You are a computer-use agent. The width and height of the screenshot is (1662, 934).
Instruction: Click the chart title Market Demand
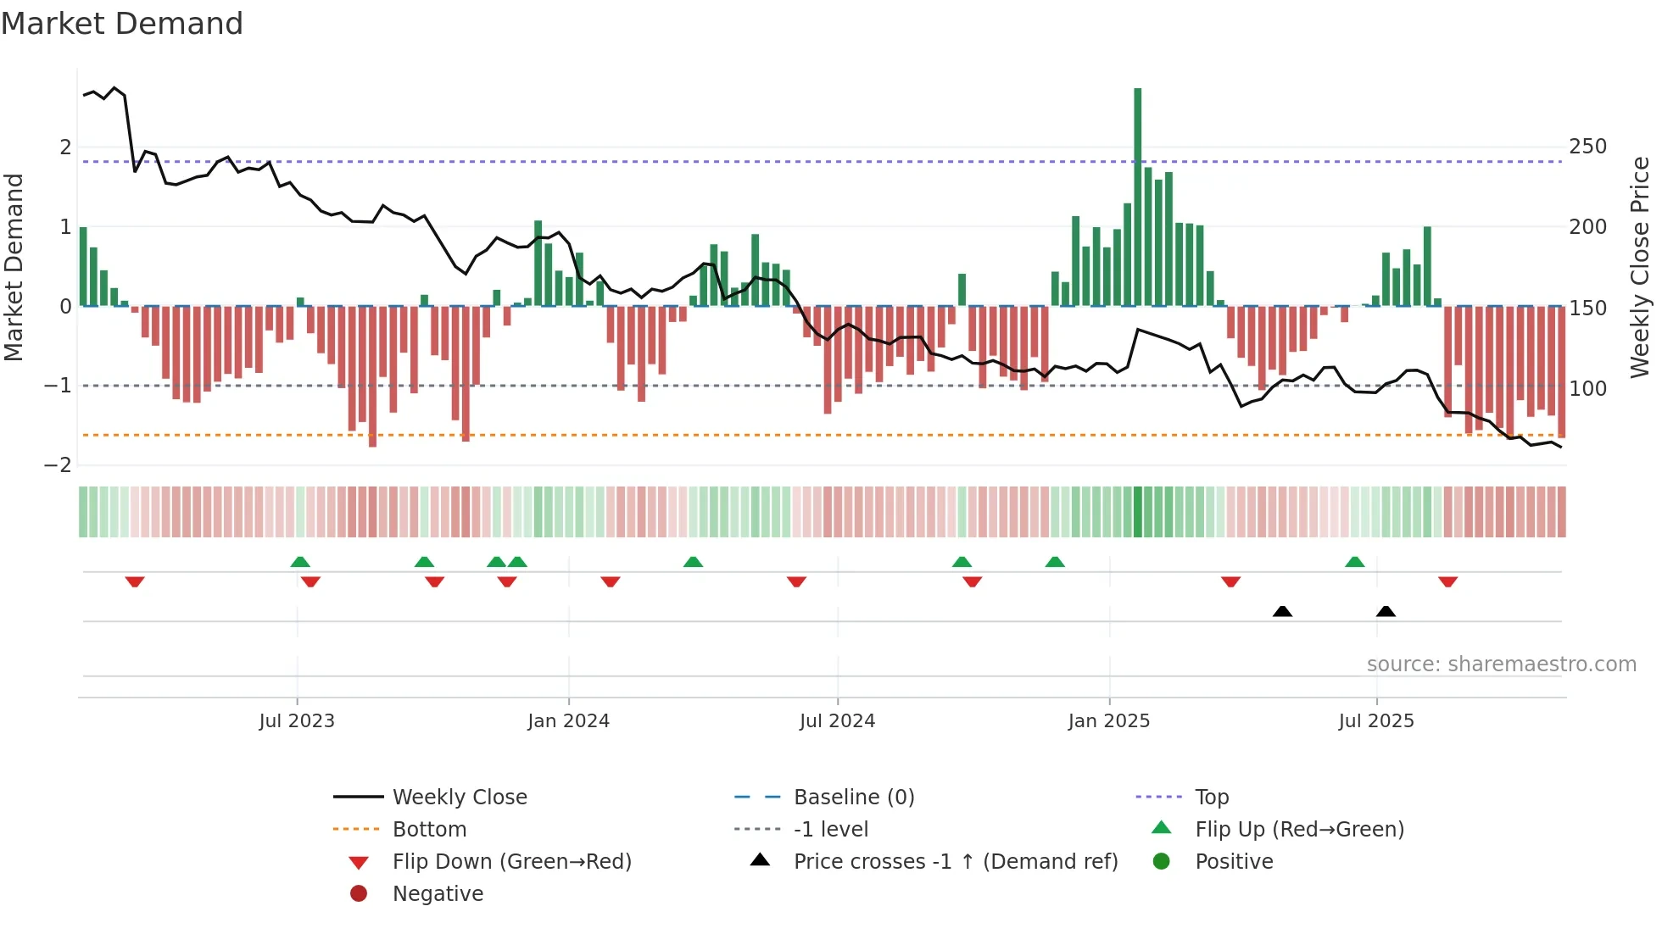tap(122, 24)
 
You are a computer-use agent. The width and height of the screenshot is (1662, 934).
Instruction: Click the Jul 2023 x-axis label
tap(297, 721)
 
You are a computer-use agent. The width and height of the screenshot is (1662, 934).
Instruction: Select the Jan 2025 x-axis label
tap(1108, 721)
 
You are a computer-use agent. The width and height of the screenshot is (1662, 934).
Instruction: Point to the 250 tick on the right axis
tap(1587, 147)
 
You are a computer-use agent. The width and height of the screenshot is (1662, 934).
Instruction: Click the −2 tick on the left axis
tap(59, 465)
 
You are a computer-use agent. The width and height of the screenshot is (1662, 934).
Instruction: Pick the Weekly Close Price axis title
tap(1640, 267)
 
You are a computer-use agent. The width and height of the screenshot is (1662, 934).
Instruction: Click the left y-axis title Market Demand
tap(14, 267)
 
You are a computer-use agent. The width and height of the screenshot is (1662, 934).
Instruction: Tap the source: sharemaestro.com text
tap(1501, 664)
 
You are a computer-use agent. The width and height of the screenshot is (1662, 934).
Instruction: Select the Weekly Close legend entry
tap(459, 798)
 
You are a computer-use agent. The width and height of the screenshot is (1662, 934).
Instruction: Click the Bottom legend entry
tap(429, 830)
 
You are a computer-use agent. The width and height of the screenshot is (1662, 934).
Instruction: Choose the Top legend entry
tap(1211, 798)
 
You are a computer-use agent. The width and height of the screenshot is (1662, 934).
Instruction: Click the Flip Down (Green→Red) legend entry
tap(511, 862)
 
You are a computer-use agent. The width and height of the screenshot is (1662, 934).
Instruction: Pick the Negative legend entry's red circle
tap(359, 894)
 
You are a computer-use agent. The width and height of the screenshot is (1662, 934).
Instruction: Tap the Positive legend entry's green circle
tap(1162, 862)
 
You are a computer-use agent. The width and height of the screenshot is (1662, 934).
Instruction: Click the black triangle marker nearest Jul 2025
tap(1386, 612)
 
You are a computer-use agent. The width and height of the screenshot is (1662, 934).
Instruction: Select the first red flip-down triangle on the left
tap(135, 581)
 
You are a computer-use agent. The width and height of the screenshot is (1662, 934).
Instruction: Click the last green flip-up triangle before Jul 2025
tap(1354, 562)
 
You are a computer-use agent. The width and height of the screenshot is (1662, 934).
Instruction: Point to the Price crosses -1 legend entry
tap(955, 862)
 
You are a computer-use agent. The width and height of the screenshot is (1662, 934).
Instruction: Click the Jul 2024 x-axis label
tap(837, 721)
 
